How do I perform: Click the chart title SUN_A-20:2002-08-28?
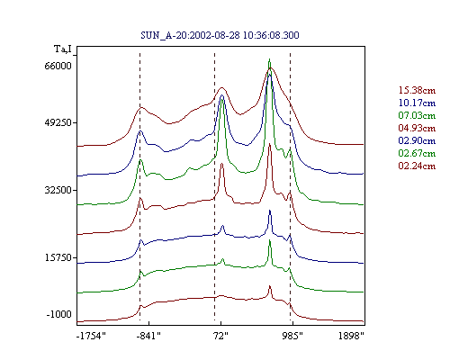[x=191, y=35]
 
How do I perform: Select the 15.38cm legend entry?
[x=417, y=90]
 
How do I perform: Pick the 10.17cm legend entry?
[x=417, y=103]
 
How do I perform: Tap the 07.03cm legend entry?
[x=417, y=115]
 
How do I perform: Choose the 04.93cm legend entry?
[x=417, y=128]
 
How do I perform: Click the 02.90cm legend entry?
[x=417, y=140]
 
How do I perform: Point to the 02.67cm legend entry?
[x=417, y=153]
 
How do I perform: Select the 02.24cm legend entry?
[x=417, y=166]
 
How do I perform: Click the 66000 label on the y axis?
[x=58, y=66]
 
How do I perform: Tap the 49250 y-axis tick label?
[x=58, y=122]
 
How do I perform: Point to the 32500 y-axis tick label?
[x=58, y=190]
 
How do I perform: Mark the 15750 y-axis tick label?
[x=58, y=257]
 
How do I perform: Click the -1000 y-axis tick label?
[x=59, y=314]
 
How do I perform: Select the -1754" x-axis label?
[x=92, y=336]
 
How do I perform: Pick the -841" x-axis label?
[x=148, y=336]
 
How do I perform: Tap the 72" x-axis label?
[x=221, y=336]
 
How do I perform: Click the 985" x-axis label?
[x=292, y=336]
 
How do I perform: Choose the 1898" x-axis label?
[x=351, y=336]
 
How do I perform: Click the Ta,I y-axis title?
[x=63, y=49]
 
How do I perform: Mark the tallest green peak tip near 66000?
[x=269, y=58]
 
